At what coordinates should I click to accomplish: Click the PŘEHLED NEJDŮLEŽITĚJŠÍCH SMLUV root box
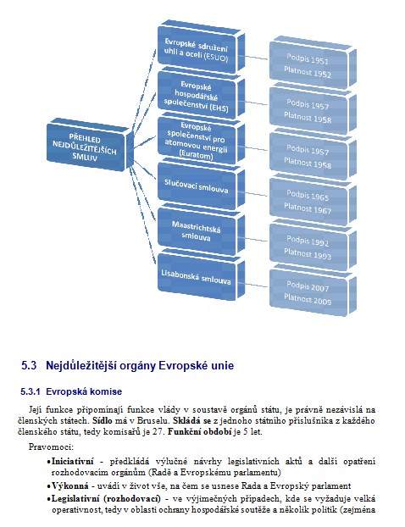pos(86,147)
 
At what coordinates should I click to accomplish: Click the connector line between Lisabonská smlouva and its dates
pos(256,285)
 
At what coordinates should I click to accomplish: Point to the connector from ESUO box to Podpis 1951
pos(256,58)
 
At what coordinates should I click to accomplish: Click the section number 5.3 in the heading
pos(29,366)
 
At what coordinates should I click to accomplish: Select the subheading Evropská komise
pos(84,391)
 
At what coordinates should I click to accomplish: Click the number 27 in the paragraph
pos(157,432)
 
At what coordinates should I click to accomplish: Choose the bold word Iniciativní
pos(73,462)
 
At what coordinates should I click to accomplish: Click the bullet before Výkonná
pos(49,486)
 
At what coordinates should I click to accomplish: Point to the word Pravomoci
pos(51,447)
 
